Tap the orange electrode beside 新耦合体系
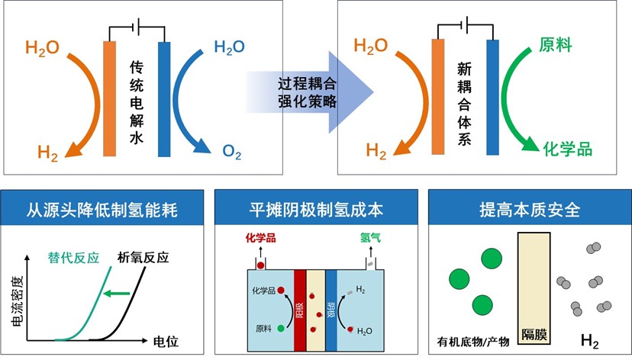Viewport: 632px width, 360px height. tap(438, 98)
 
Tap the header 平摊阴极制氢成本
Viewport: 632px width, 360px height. tap(316, 208)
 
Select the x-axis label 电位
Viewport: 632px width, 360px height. tap(166, 341)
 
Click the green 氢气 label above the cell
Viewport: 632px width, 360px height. tap(371, 237)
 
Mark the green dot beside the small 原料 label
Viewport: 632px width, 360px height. tap(281, 328)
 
